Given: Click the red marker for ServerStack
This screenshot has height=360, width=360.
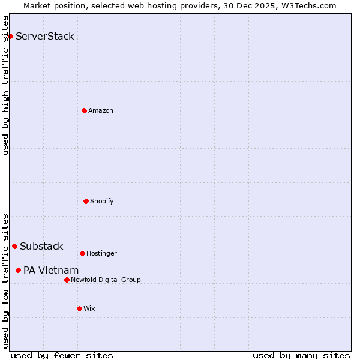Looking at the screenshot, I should [x=10, y=36].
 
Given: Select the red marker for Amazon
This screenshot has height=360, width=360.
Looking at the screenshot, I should [x=84, y=110].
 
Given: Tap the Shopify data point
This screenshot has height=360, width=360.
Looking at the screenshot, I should [x=86, y=201].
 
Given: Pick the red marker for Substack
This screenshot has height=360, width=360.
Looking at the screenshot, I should [x=14, y=246].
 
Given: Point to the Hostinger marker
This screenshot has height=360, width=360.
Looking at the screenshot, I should [x=82, y=253].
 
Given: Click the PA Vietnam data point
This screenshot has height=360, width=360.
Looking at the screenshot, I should [x=18, y=270].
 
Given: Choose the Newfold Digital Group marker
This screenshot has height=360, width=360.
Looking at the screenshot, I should [x=67, y=280].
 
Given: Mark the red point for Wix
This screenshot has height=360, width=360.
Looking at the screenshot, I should [x=79, y=308].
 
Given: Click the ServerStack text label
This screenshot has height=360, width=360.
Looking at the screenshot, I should [x=45, y=36].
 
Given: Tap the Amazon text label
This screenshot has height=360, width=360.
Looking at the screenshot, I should [x=101, y=110].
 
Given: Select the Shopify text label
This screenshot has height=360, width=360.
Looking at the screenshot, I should [x=102, y=201].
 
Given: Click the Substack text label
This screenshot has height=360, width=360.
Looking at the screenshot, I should [x=41, y=246].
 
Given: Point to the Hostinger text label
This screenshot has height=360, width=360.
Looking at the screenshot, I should [x=101, y=253].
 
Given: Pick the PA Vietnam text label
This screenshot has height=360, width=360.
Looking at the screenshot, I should [x=51, y=270].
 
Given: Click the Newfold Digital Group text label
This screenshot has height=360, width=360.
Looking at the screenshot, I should [x=106, y=280].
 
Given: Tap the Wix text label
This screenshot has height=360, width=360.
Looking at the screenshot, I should [x=89, y=308].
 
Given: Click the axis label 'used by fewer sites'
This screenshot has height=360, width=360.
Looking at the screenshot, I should [x=62, y=355].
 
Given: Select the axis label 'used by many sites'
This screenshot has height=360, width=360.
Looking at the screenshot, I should [x=301, y=355].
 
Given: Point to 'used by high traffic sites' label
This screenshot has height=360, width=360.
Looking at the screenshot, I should [x=5, y=85].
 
